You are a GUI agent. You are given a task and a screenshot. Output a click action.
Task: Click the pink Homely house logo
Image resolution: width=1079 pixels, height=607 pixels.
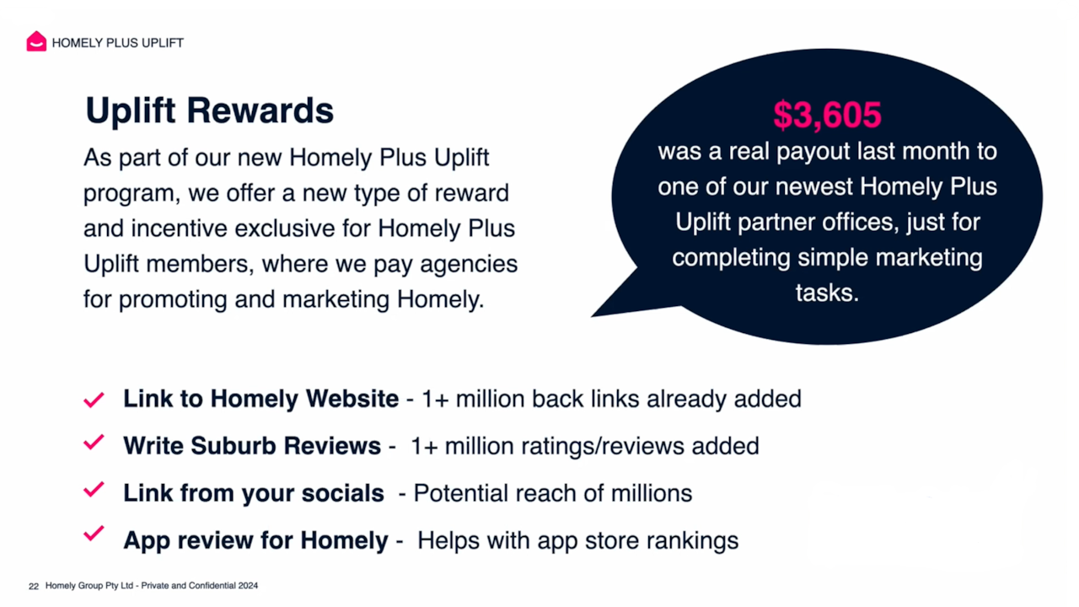(x=36, y=42)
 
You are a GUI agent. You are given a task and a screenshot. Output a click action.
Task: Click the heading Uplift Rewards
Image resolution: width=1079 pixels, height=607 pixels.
(x=210, y=110)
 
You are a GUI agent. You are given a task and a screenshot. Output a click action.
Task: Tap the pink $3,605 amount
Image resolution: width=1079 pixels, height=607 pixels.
(x=827, y=115)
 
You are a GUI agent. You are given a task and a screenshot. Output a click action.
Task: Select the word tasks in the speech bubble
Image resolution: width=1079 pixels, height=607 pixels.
(x=826, y=293)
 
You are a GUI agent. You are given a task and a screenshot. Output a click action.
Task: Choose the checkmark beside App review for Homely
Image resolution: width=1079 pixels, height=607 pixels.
(x=94, y=534)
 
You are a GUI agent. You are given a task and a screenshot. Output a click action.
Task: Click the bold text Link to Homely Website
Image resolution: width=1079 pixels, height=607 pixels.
(x=260, y=399)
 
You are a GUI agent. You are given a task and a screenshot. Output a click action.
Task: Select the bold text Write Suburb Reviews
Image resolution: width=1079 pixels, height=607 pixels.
(x=252, y=445)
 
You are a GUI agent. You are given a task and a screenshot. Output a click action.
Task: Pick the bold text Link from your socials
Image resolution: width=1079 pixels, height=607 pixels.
(x=254, y=492)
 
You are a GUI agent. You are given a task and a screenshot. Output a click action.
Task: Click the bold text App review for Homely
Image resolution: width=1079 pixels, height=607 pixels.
(x=256, y=540)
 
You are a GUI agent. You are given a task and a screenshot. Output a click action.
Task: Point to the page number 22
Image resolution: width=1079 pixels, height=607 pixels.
(x=34, y=586)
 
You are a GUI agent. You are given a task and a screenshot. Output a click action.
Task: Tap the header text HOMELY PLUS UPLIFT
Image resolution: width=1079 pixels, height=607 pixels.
(x=118, y=43)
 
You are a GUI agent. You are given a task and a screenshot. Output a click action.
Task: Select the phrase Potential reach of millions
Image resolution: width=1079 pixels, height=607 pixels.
(x=553, y=492)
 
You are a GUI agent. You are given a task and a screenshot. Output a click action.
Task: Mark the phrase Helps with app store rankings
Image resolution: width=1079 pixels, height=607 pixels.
(x=577, y=540)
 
